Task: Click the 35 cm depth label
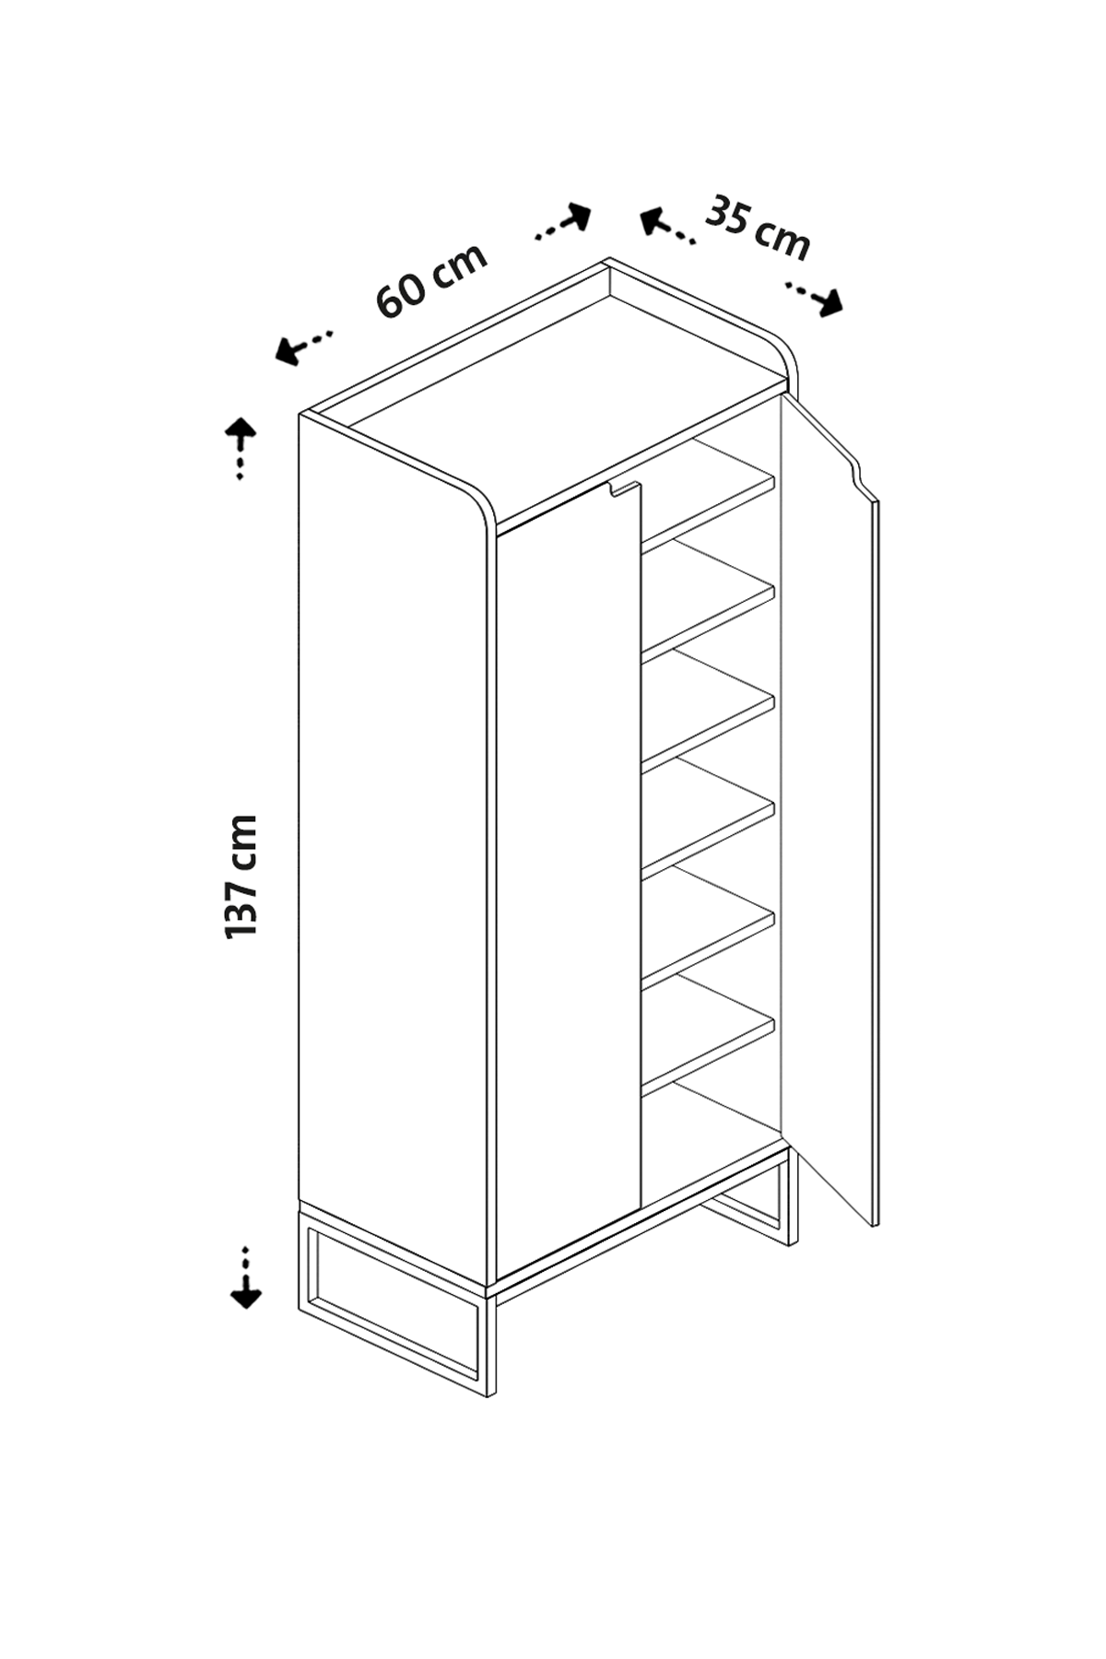758,228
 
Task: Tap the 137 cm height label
241,877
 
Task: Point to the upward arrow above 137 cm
241,448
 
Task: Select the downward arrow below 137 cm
245,1277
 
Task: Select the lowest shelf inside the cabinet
708,1037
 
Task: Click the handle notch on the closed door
623,489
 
